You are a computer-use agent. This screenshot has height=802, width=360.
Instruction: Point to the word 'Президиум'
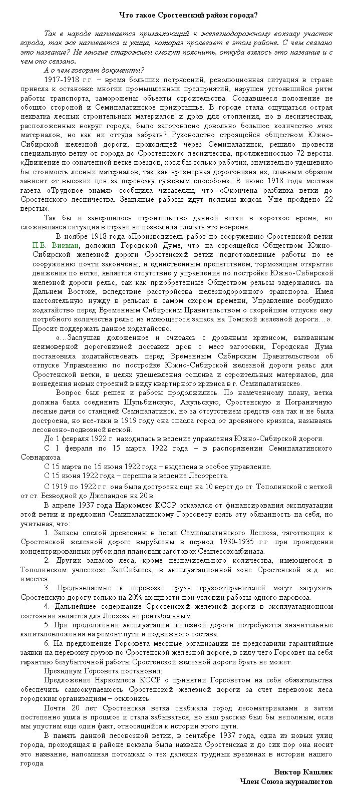62,671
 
